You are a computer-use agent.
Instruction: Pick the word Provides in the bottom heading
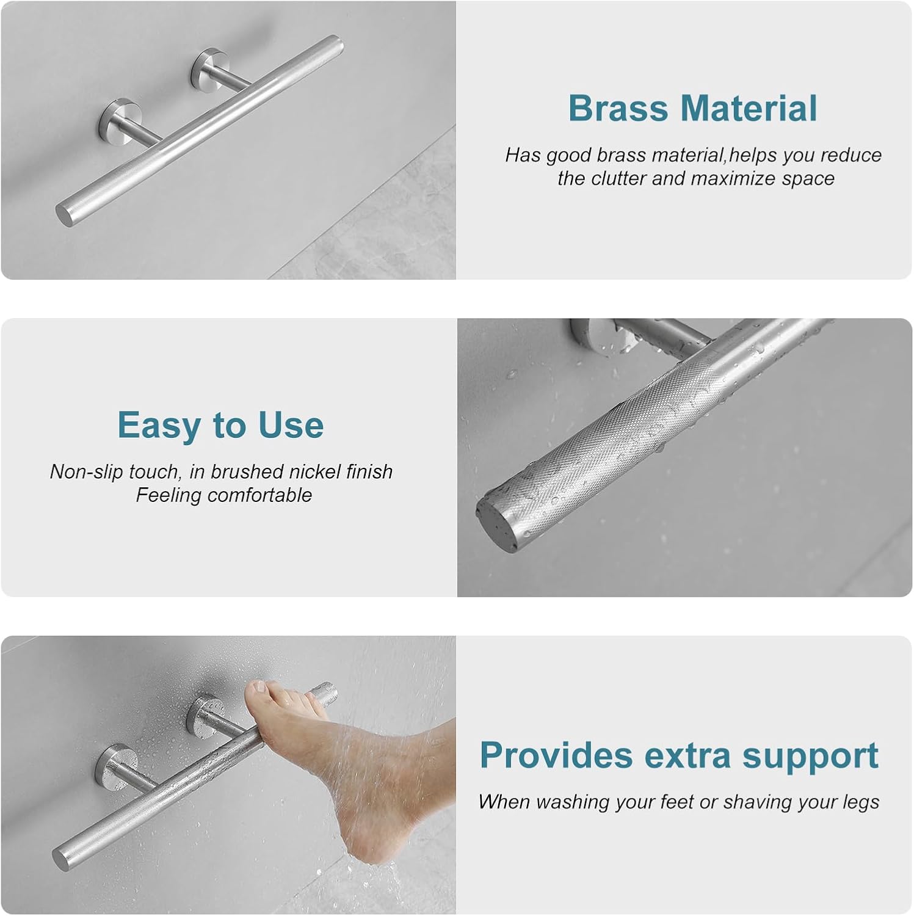coord(556,755)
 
